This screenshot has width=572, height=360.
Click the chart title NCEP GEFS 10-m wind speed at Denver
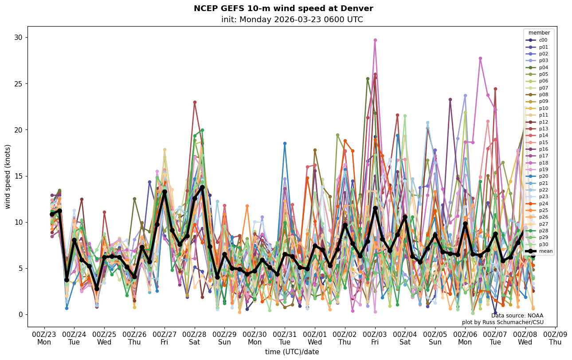coord(283,8)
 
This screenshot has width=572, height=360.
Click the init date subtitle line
coord(292,20)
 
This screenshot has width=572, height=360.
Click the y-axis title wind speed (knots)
coord(8,176)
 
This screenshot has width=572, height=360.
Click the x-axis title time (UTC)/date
coord(292,352)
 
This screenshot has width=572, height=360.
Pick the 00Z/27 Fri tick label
coord(165,338)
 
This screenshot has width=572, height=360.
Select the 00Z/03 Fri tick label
coord(375,338)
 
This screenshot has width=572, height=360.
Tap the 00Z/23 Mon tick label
coord(44,338)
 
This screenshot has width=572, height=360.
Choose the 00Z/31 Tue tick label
coord(285,338)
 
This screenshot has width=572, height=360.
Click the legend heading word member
coord(539,33)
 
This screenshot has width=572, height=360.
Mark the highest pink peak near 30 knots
coord(375,40)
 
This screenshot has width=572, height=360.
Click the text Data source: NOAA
coord(517,316)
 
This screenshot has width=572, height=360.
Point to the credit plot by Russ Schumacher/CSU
coord(502,322)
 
